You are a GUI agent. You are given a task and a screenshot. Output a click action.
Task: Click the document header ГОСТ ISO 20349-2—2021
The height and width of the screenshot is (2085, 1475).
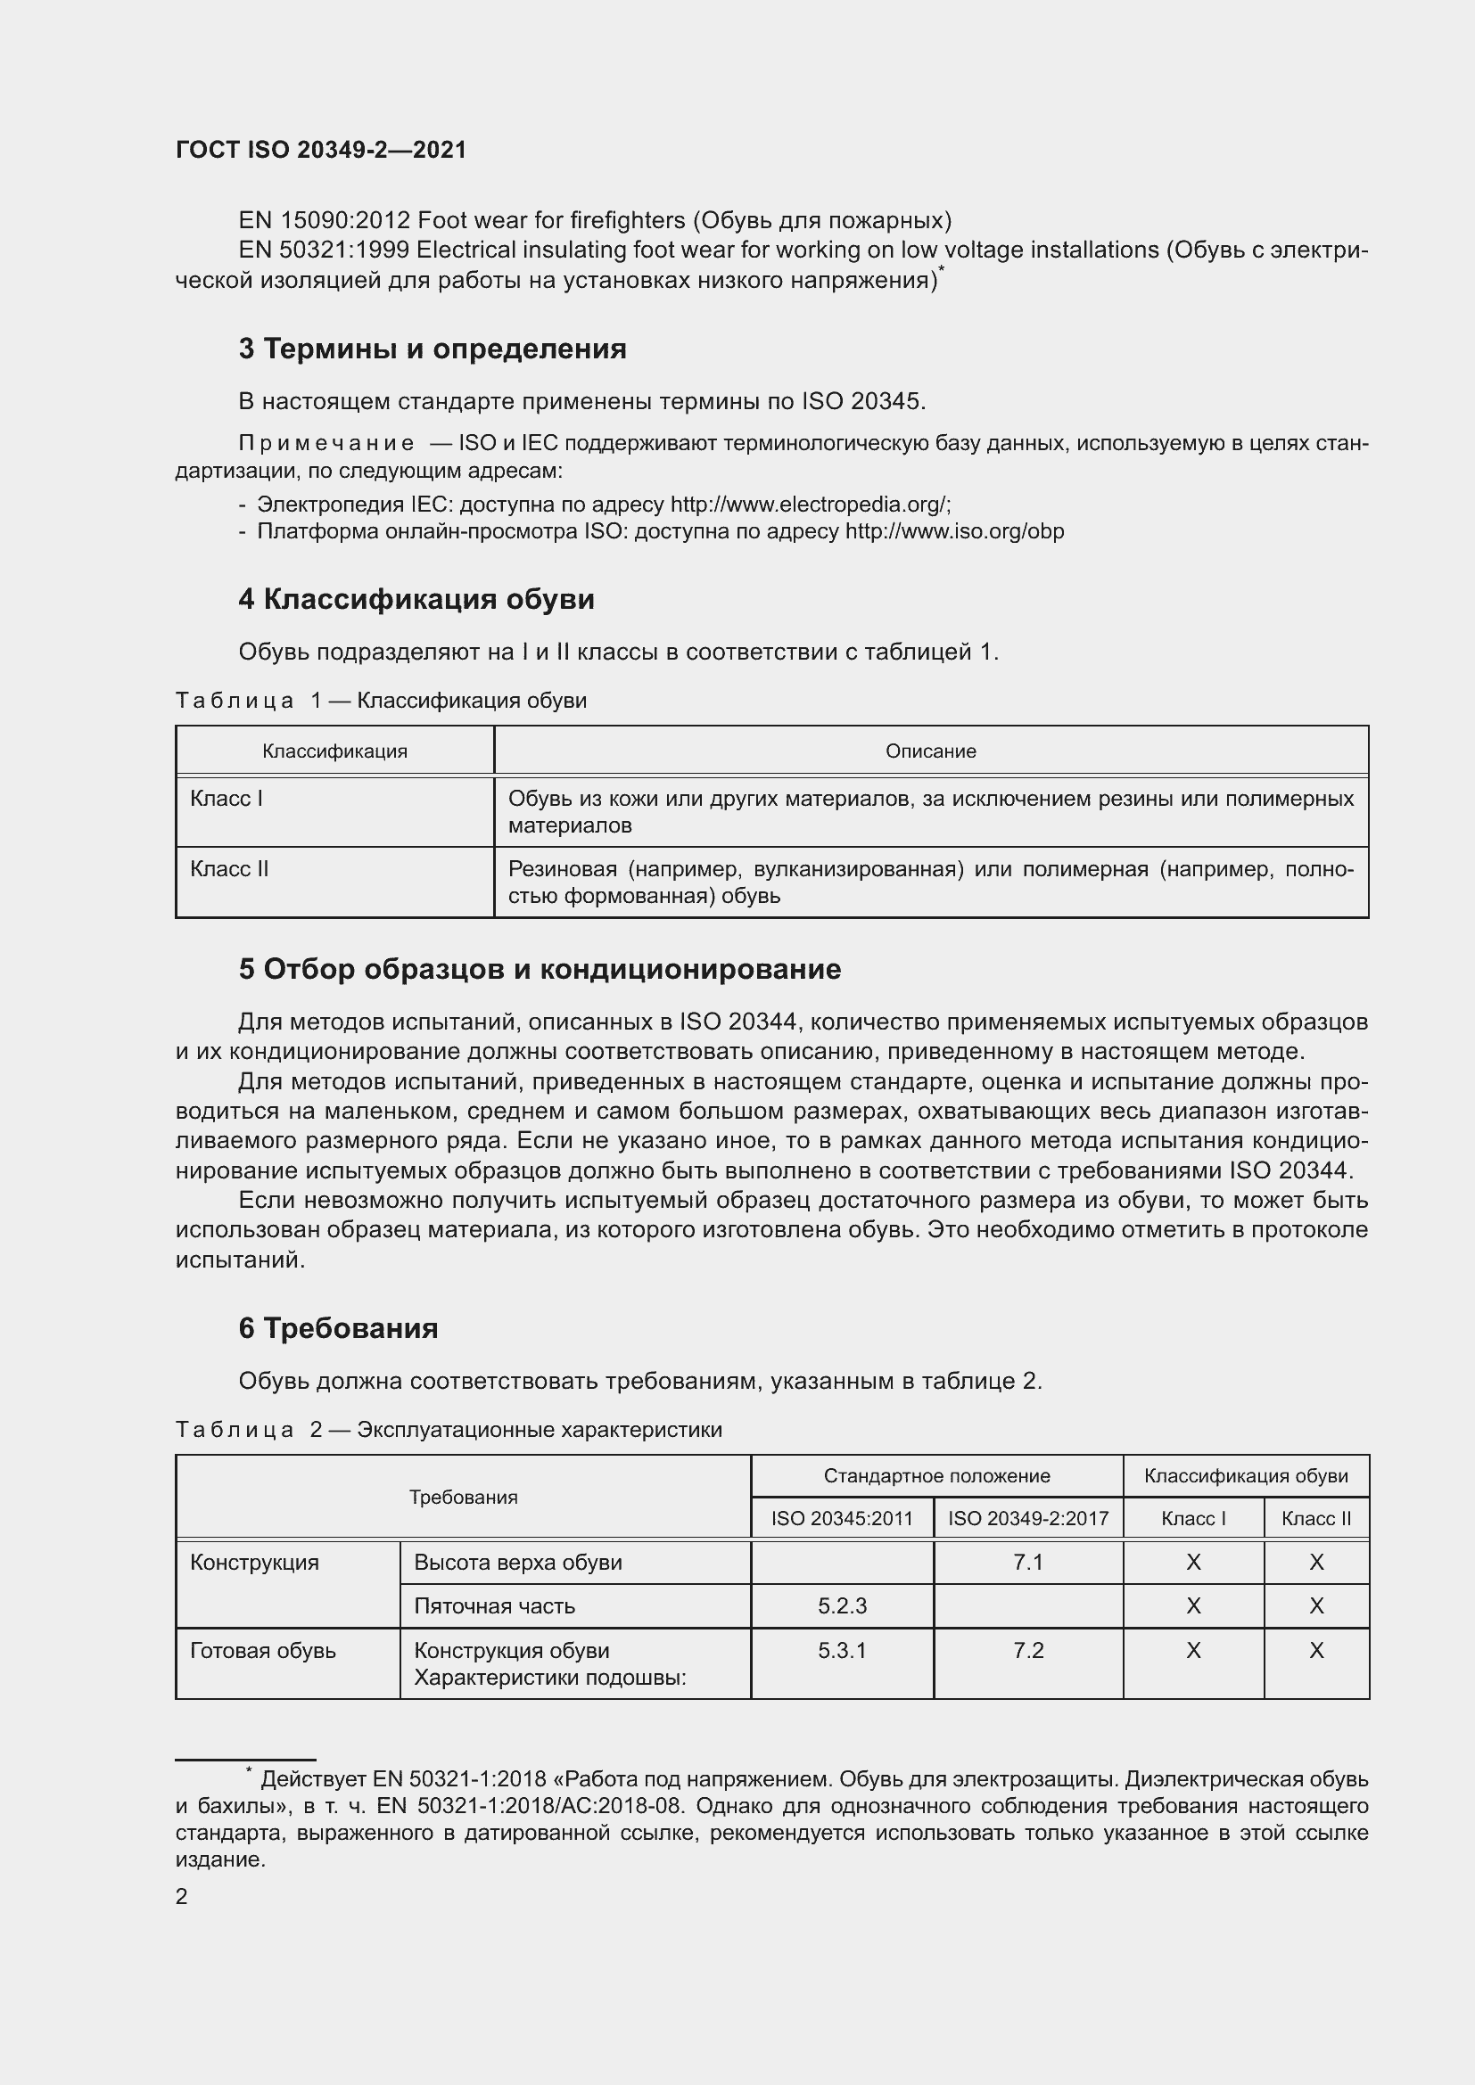321,150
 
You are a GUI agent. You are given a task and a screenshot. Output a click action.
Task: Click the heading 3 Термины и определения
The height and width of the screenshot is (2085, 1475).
433,349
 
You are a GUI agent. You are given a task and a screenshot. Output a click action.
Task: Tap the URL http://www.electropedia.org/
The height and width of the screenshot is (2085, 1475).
809,504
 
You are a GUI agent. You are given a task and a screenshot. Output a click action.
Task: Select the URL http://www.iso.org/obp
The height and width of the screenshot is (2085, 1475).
953,531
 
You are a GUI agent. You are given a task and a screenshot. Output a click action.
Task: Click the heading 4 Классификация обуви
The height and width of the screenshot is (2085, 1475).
416,599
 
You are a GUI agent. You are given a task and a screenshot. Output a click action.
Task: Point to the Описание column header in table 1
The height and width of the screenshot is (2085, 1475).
930,751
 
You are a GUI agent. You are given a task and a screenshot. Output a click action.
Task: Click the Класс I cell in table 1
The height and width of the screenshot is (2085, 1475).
227,798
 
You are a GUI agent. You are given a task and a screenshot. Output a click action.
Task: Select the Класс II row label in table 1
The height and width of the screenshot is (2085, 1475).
230,869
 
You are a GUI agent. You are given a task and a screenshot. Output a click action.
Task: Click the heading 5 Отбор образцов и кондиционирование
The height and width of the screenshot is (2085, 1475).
540,970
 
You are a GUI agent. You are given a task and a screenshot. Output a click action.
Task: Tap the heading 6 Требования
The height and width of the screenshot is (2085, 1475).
338,1328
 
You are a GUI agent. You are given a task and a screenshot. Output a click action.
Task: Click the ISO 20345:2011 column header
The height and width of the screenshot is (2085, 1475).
842,1518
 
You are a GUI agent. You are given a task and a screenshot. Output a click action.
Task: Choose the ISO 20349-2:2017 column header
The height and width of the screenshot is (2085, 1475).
1028,1518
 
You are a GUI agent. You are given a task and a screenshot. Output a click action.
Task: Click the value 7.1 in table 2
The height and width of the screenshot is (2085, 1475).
1028,1562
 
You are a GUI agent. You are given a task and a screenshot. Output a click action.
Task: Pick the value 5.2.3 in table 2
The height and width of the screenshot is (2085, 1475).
842,1605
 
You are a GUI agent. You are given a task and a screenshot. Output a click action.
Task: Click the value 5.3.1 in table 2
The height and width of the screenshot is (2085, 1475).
842,1650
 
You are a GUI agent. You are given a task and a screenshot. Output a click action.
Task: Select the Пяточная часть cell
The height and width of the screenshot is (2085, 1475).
494,1605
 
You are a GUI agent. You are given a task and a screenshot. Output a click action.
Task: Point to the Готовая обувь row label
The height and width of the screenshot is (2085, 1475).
263,1650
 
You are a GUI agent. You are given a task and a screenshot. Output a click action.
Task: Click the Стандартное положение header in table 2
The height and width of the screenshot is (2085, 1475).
936,1475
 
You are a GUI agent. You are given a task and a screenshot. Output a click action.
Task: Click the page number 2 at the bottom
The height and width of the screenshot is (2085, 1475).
182,1897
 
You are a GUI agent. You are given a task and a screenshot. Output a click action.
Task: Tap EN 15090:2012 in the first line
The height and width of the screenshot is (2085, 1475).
324,221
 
